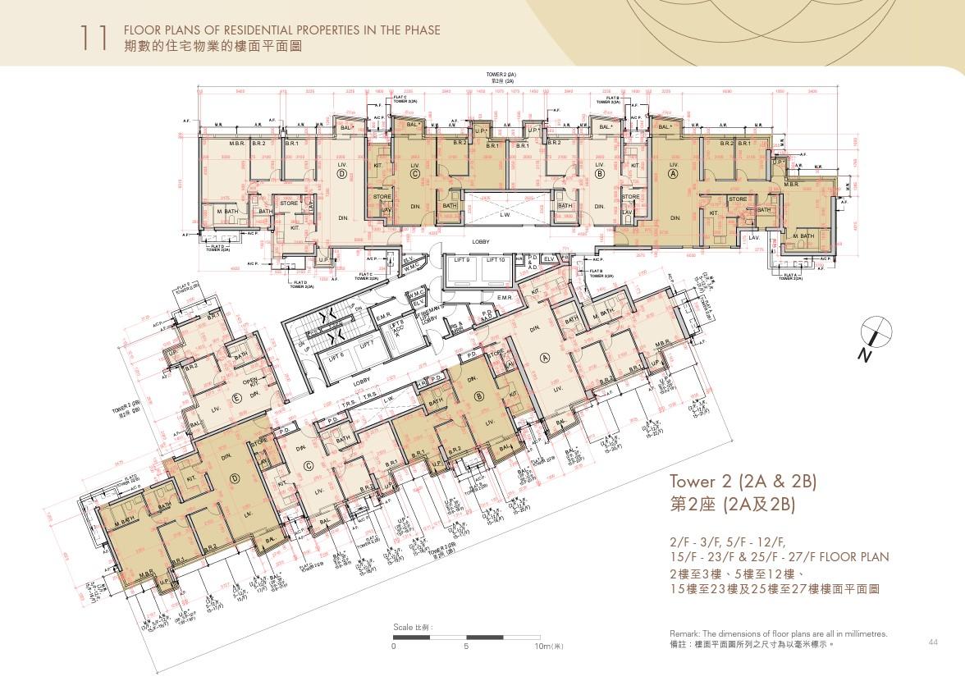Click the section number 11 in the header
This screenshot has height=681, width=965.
[94, 38]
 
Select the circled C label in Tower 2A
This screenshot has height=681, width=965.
[414, 174]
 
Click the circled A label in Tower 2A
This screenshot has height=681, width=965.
[674, 174]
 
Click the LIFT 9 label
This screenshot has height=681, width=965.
[462, 259]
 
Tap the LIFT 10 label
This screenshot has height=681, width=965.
[496, 259]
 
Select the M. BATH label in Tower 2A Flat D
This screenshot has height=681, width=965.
[226, 212]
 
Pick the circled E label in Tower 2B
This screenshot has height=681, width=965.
[238, 398]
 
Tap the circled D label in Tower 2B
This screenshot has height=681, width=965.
[235, 478]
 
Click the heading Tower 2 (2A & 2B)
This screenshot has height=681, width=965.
[743, 481]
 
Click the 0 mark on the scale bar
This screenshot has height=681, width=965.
[394, 647]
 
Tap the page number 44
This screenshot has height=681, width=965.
[933, 641]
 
